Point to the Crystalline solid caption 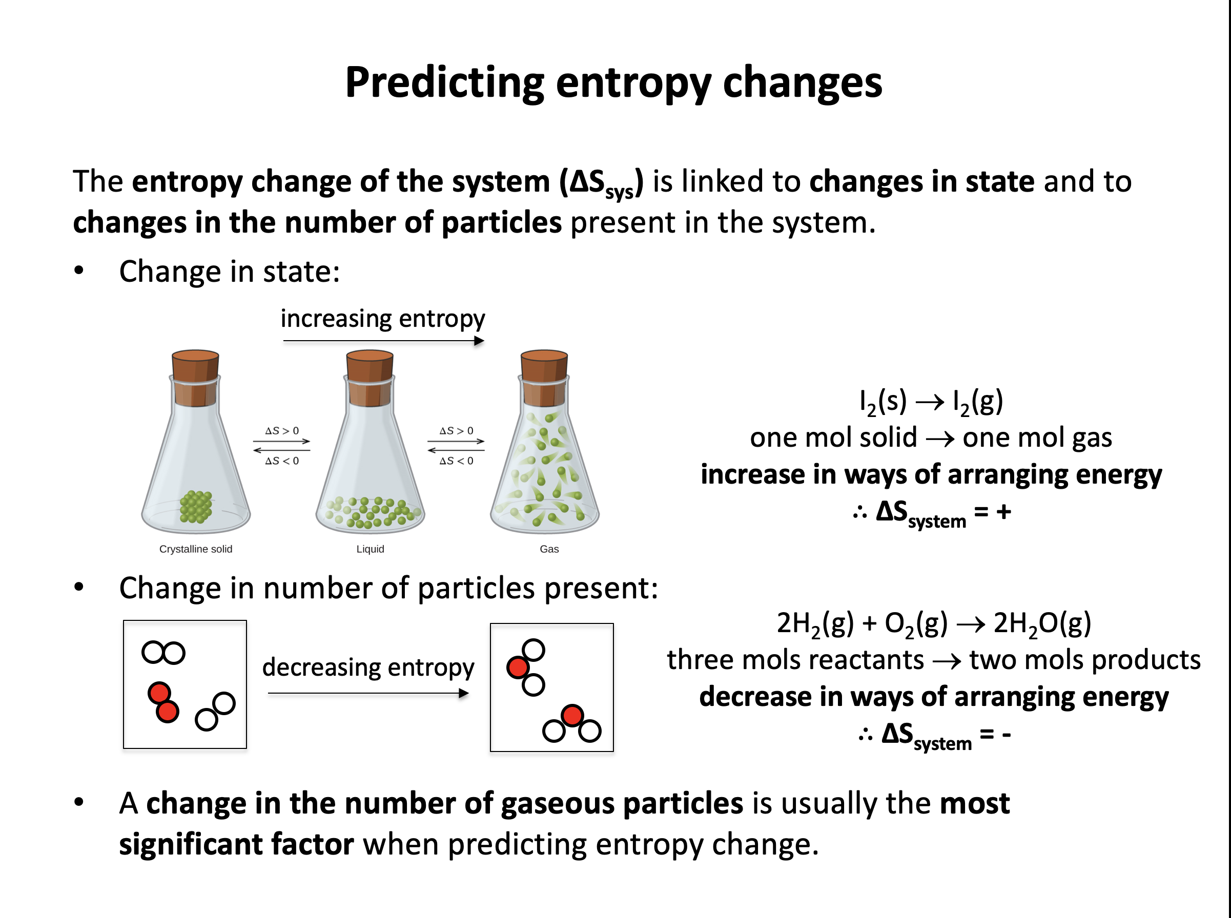click(196, 549)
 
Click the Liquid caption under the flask click(370, 549)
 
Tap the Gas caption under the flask click(549, 549)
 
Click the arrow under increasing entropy click(383, 341)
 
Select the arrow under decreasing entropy click(368, 693)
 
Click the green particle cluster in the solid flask click(196, 507)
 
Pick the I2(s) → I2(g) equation click(931, 401)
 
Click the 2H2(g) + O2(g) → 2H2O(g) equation click(934, 623)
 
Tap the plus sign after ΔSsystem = click(1003, 511)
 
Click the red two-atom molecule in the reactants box click(163, 702)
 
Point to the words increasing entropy click(382, 319)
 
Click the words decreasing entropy click(368, 667)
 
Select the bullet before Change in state click(79, 270)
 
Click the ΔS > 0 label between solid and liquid click(282, 431)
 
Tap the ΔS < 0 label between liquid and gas click(456, 461)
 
